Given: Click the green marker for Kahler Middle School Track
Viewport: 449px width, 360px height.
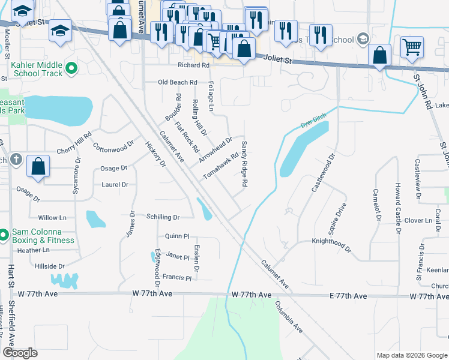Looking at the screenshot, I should [x=71, y=68].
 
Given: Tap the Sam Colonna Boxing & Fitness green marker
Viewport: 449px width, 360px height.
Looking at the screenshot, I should [x=3, y=234].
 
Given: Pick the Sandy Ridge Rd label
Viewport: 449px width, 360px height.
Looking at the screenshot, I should [x=245, y=163].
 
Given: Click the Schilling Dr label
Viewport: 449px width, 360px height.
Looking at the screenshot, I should [x=163, y=217].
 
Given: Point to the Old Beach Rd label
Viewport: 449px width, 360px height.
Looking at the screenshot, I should [x=177, y=82].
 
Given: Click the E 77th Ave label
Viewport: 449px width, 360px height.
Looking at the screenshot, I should [x=348, y=296].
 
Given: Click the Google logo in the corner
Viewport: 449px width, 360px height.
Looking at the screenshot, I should [x=20, y=353].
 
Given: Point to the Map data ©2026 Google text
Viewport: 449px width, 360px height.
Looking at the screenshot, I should [x=411, y=355].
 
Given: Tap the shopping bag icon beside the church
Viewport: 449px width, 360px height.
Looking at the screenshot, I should [x=38, y=167].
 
